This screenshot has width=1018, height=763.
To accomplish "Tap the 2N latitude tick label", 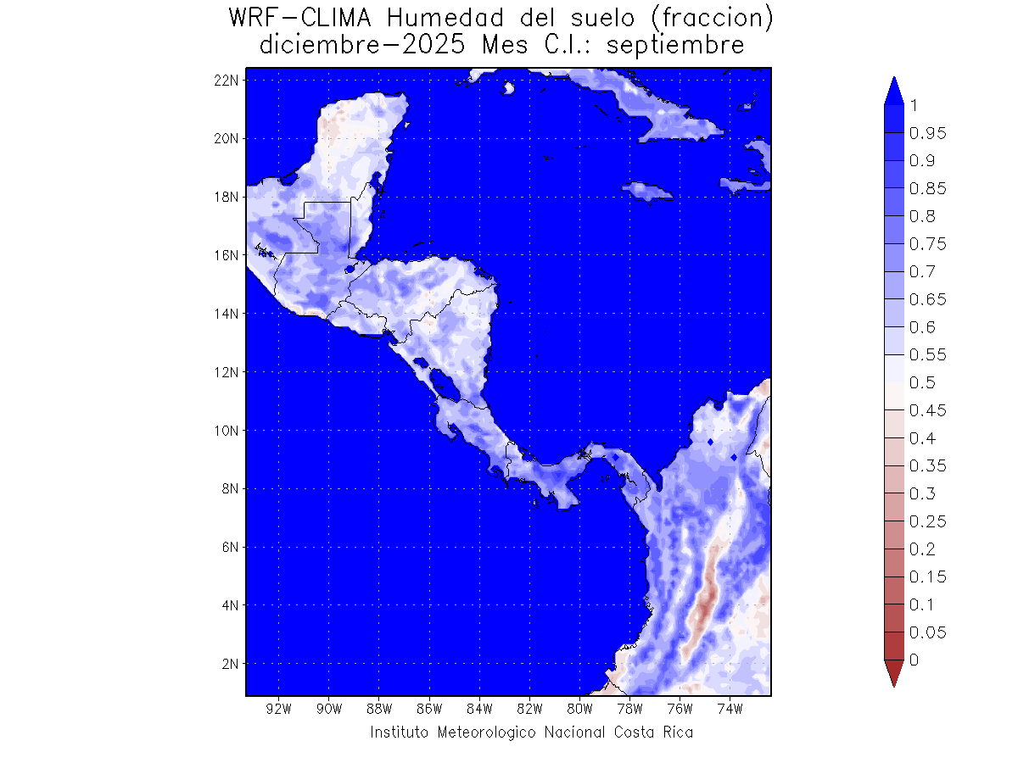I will coord(229,663).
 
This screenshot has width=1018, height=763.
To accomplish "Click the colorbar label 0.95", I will coord(927,133).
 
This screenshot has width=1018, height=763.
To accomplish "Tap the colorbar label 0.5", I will coord(923,382).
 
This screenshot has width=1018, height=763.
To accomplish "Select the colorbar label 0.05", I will coord(927,632).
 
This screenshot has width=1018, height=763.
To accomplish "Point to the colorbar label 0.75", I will coord(927,244).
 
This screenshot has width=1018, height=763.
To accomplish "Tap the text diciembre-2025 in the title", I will coord(361,45).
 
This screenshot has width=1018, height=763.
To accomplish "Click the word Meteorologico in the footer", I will coord(486,732).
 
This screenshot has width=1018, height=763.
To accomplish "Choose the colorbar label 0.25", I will coord(927,521).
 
